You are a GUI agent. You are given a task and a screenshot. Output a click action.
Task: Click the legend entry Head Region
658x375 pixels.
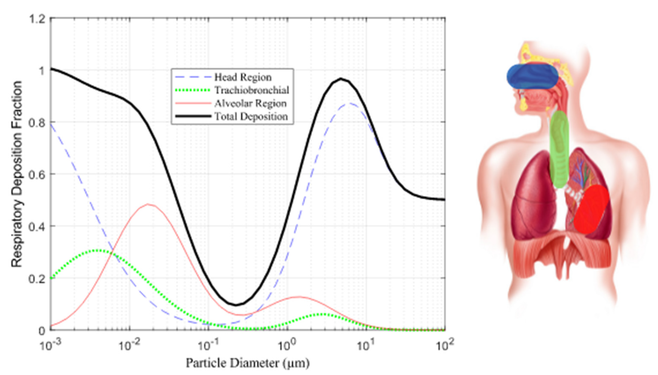(x=243, y=77)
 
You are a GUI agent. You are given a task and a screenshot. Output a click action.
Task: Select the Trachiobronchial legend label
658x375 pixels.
(x=251, y=90)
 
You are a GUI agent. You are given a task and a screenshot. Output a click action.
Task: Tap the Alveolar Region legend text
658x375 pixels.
(x=250, y=104)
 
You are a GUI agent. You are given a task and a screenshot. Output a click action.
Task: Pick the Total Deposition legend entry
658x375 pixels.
(x=251, y=117)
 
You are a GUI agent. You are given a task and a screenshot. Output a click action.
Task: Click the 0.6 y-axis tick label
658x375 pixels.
(x=38, y=174)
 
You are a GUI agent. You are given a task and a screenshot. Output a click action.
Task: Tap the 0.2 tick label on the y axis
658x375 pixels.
(x=38, y=279)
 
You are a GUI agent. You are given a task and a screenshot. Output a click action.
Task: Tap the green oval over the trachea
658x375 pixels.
(x=559, y=149)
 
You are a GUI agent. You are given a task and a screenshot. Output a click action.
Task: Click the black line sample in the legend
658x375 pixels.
(x=193, y=116)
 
